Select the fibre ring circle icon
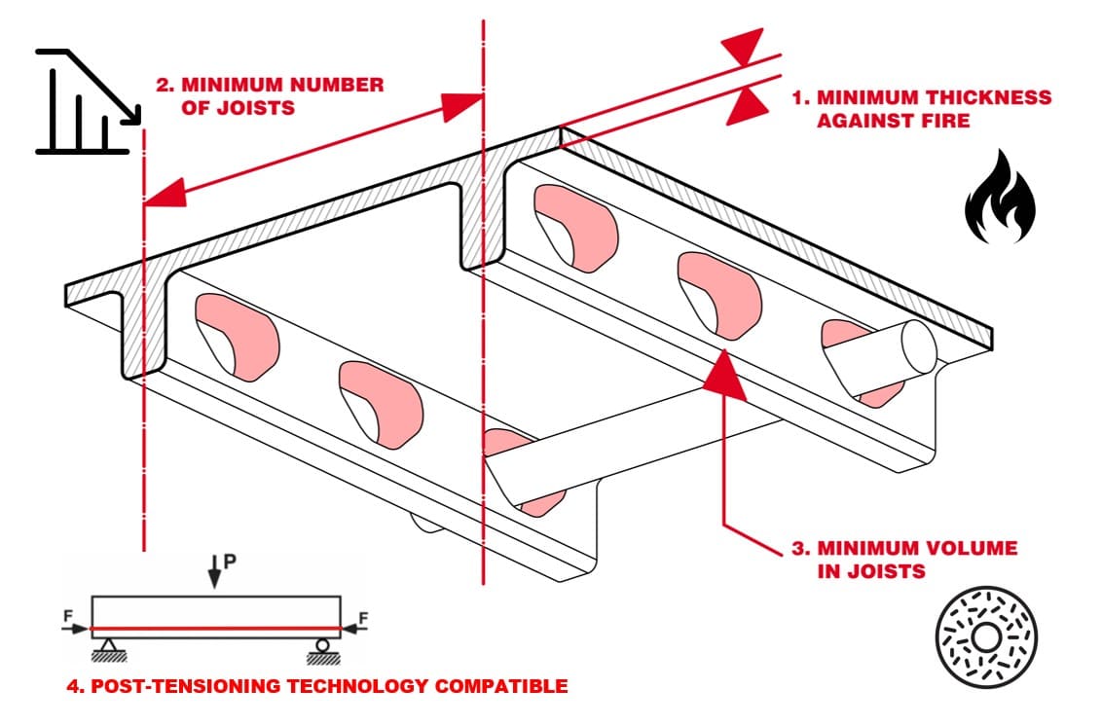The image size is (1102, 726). pyautogui.click(x=985, y=637)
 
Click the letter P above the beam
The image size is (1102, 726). pyautogui.click(x=230, y=561)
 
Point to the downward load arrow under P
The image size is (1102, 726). pyautogui.click(x=213, y=573)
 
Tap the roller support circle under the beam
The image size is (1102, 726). pyautogui.click(x=321, y=643)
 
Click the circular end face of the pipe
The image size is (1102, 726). pyautogui.click(x=916, y=345)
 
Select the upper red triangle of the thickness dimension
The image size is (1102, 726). pyautogui.click(x=744, y=44)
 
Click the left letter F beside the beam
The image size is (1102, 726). pyautogui.click(x=68, y=613)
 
